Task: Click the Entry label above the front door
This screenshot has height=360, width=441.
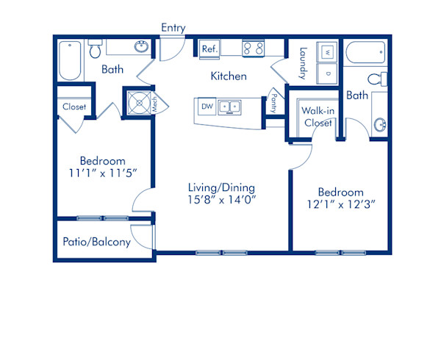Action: coord(173,28)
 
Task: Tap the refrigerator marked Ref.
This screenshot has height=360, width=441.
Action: coord(209,49)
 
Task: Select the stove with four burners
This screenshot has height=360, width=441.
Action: coord(253,48)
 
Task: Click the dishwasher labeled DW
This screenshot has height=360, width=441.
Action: coord(207,107)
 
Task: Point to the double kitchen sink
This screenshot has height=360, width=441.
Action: coord(229,107)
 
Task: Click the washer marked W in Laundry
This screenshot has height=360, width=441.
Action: coord(327,52)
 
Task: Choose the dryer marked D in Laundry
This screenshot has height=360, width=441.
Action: coord(327,73)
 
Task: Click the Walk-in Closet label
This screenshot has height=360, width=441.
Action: coord(318,117)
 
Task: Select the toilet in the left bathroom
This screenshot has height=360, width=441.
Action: coord(95,48)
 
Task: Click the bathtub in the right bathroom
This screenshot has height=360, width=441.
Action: coord(365,53)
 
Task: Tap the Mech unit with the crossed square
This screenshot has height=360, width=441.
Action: coord(139,103)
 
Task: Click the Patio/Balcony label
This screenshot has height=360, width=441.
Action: coord(97,242)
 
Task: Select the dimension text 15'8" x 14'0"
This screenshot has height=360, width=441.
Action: coord(222,200)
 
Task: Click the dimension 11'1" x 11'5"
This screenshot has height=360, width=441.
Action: coord(103,173)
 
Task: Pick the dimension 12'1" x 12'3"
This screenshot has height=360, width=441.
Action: coord(341,204)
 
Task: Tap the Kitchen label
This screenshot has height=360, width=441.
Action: coord(229,76)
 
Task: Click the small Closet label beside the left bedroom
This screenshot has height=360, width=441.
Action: coord(74,107)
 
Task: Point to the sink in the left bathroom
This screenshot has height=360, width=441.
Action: coord(141,46)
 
